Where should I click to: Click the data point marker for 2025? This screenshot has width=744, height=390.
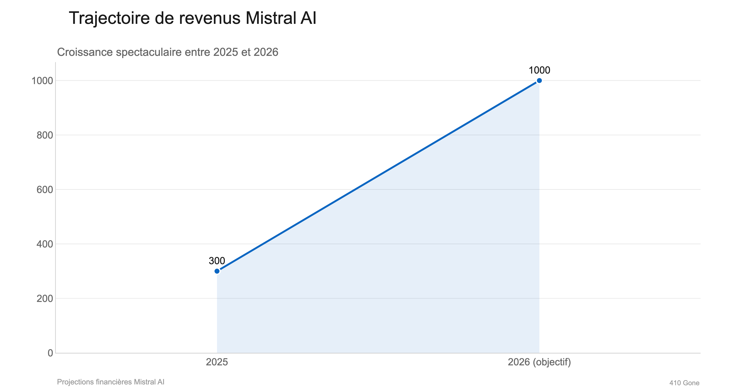pyautogui.click(x=217, y=271)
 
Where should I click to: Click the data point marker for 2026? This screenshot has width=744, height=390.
pyautogui.click(x=539, y=81)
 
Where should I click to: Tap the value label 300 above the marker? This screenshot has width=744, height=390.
pyautogui.click(x=217, y=261)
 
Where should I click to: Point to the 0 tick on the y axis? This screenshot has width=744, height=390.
pyautogui.click(x=50, y=353)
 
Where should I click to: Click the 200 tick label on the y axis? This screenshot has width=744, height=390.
pyautogui.click(x=45, y=299)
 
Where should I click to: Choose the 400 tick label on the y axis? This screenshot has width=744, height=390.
pyautogui.click(x=45, y=244)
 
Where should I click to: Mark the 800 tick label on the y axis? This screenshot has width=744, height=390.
pyautogui.click(x=45, y=135)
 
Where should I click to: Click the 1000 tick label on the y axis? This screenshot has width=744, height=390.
pyautogui.click(x=42, y=81)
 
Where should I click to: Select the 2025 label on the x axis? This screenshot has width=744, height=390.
pyautogui.click(x=217, y=362)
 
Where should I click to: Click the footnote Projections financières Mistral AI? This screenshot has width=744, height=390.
pyautogui.click(x=111, y=382)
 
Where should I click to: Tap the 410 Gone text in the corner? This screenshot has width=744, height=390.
pyautogui.click(x=684, y=383)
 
